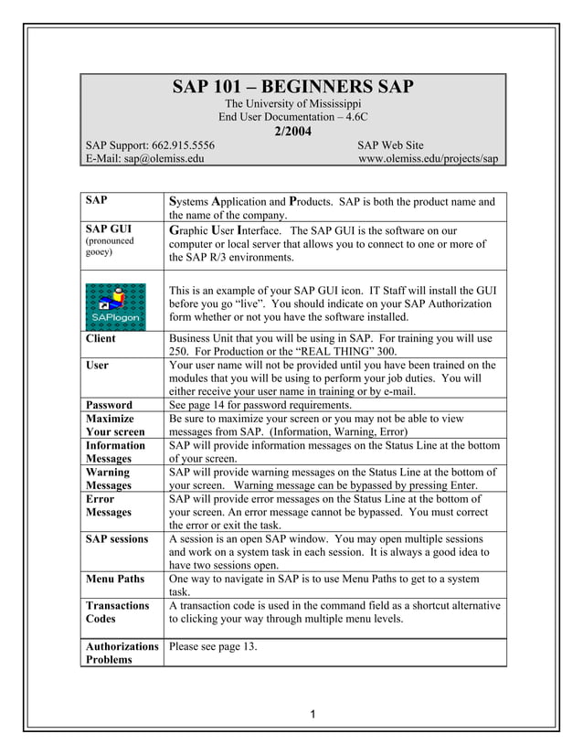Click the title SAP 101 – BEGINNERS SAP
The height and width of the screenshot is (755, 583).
(x=292, y=88)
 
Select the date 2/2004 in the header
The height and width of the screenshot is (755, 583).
(x=292, y=131)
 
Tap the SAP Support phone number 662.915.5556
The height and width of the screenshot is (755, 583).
(x=181, y=144)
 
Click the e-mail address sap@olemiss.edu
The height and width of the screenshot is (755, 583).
(x=164, y=158)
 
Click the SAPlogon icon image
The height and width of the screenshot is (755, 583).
(x=114, y=303)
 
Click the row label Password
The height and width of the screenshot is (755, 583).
(x=109, y=404)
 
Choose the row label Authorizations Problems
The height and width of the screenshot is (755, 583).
(x=122, y=652)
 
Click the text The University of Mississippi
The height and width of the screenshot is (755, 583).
(x=292, y=104)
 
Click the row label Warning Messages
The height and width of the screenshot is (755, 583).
(x=109, y=479)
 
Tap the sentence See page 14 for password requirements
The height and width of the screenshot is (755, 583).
(x=271, y=404)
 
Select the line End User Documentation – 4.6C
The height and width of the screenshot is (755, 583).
(x=292, y=118)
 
